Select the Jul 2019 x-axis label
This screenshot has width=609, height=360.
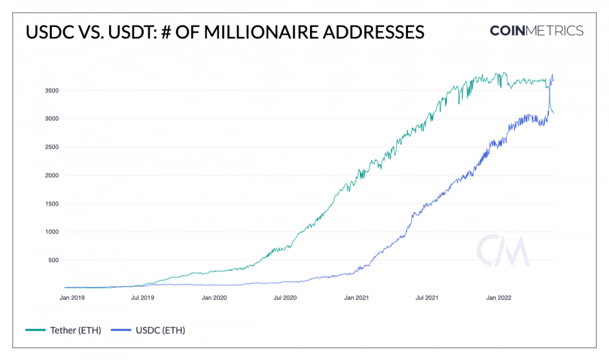[143, 298]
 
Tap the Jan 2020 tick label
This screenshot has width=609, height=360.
[214, 298]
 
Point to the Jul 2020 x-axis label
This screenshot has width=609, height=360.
[285, 298]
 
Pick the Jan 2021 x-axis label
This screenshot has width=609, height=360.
[357, 298]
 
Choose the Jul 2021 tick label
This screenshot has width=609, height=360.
[428, 298]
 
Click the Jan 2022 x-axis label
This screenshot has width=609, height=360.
[499, 298]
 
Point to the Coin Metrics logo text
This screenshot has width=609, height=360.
[536, 31]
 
